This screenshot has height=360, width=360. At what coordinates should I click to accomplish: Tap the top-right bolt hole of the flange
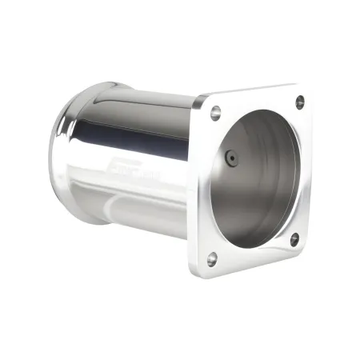[299, 102]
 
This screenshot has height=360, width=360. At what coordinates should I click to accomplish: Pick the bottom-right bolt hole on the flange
[294, 238]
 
